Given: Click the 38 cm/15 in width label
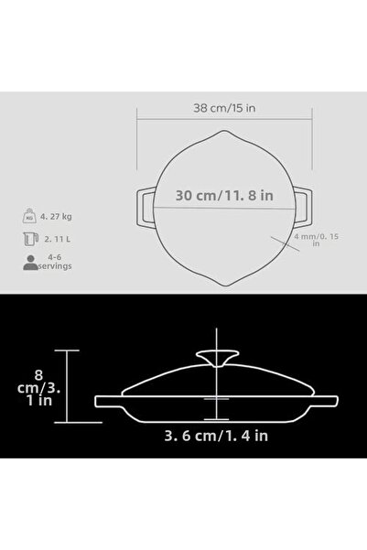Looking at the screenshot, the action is pyautogui.click(x=224, y=108).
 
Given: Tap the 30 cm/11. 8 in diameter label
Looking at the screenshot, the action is pyautogui.click(x=224, y=195).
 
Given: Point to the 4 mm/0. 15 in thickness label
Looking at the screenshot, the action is pyautogui.click(x=316, y=240).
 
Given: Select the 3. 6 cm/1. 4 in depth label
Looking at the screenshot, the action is pyautogui.click(x=216, y=436).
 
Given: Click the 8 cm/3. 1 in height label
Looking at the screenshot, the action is pyautogui.click(x=39, y=388).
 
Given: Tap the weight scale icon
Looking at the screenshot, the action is pyautogui.click(x=29, y=216).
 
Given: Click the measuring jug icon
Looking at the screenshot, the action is pyautogui.click(x=30, y=239).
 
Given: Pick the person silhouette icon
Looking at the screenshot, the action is pyautogui.click(x=30, y=263).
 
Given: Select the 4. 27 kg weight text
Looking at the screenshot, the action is pyautogui.click(x=56, y=216).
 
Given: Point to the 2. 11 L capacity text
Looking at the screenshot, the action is pyautogui.click(x=57, y=239).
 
